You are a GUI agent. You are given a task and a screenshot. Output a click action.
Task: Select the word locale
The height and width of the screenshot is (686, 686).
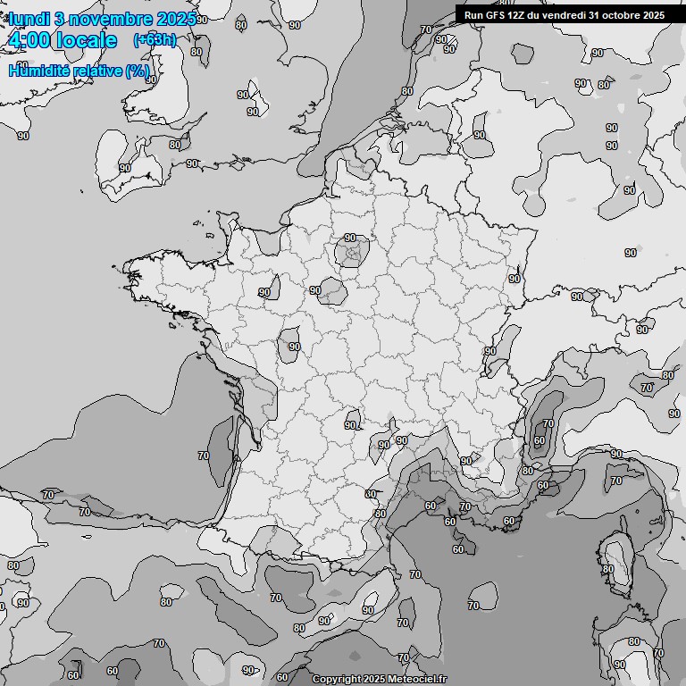[87, 41]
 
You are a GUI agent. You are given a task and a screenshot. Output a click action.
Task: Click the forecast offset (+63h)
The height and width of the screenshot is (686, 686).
[155, 40]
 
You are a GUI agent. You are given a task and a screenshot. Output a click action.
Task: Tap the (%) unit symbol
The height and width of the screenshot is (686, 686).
[138, 71]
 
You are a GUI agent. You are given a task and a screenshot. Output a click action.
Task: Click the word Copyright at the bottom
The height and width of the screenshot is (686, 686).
[336, 680]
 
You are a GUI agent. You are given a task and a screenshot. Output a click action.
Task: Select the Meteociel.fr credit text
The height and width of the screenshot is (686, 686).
[416, 680]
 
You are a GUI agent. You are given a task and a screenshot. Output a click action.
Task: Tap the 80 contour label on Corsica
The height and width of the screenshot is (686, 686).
[608, 569]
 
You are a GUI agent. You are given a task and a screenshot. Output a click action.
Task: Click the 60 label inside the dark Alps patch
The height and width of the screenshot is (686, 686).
[539, 440]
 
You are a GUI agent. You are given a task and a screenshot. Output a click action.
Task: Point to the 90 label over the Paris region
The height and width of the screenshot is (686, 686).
[351, 238]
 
